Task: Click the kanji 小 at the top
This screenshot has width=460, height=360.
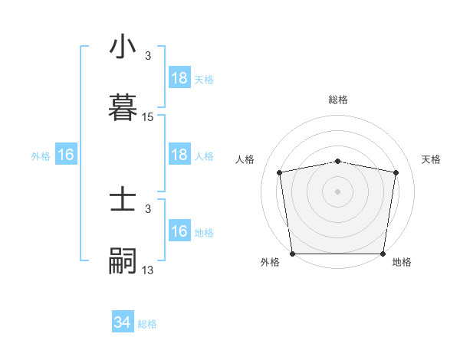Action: [x=123, y=48]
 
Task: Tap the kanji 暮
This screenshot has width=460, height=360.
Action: [x=123, y=107]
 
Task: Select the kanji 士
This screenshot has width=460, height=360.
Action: [x=123, y=201]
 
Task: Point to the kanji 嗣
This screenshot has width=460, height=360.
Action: [x=123, y=260]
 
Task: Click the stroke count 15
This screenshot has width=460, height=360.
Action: [x=148, y=117]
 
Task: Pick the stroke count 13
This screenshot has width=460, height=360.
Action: [x=148, y=270]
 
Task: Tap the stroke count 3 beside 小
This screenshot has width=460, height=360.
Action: [x=148, y=56]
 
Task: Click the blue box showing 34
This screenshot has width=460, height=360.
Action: [x=123, y=322]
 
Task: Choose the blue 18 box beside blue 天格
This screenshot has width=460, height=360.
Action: [x=179, y=78]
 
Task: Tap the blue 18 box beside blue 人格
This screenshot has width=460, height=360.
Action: [x=179, y=155]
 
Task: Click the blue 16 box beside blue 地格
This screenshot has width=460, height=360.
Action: [x=179, y=231]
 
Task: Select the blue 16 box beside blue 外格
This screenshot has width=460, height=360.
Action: [x=66, y=155]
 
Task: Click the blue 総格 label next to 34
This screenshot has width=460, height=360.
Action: [x=147, y=324]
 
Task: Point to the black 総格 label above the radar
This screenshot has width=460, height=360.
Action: [x=338, y=100]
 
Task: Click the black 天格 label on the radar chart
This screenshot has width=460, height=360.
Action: [x=432, y=159]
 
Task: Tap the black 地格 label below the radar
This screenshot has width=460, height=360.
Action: [x=402, y=263]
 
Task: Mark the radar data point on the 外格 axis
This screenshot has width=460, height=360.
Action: [x=292, y=254]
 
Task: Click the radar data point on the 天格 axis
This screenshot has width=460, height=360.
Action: [x=396, y=172]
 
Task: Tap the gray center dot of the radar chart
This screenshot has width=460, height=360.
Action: [x=338, y=191]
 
